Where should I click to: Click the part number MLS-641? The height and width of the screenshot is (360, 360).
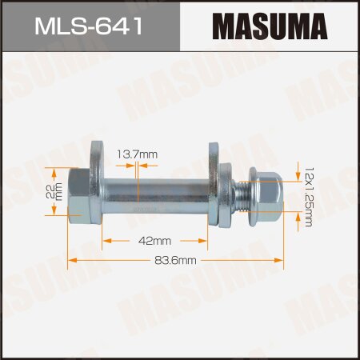[x=90, y=27]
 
